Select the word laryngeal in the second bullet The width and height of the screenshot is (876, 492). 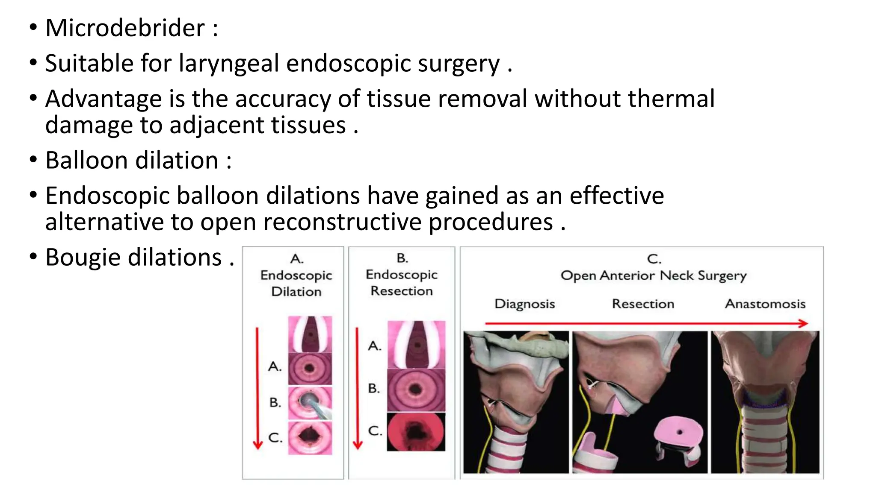click(228, 64)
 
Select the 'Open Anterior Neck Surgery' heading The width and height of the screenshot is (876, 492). click(653, 275)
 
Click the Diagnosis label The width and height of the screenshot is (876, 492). click(524, 304)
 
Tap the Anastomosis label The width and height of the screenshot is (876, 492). click(765, 304)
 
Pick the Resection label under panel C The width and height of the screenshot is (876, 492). click(642, 304)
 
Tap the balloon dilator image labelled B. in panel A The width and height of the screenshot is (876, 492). click(310, 403)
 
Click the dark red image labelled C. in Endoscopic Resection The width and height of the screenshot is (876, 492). click(416, 432)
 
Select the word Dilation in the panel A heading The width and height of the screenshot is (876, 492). click(296, 292)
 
